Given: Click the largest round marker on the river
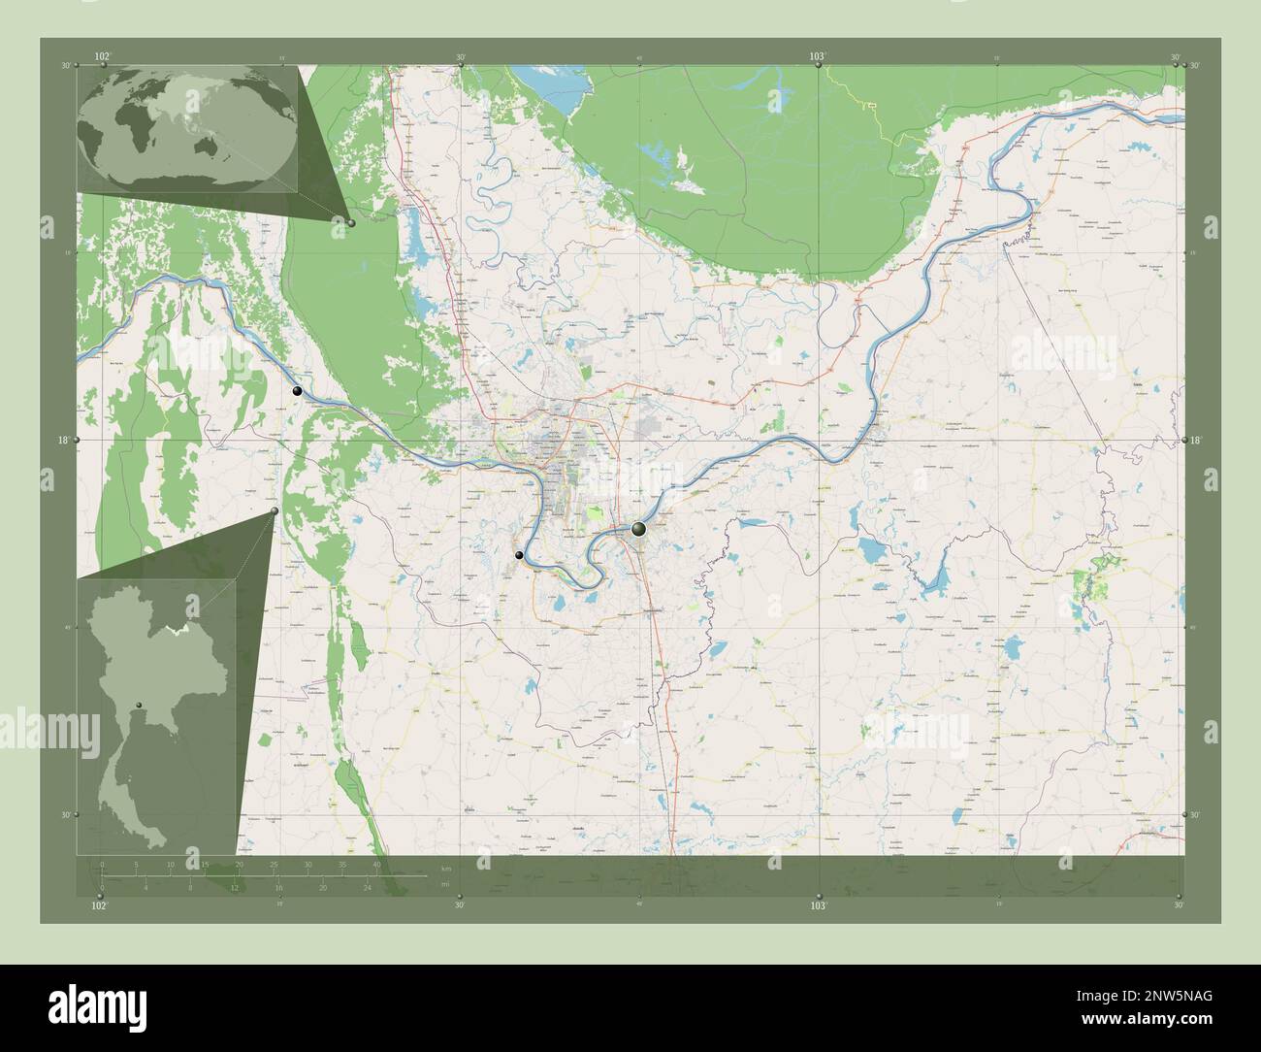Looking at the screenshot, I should point(637,529).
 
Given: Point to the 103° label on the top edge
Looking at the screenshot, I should point(818,57).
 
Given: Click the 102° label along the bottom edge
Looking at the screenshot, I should point(98,905).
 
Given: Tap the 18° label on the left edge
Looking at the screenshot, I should point(63,440).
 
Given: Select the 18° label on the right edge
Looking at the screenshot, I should point(1196,440).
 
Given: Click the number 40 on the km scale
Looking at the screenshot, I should point(376,864).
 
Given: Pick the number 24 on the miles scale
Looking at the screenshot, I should point(366,887).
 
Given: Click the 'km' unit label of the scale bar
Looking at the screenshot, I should point(445,868).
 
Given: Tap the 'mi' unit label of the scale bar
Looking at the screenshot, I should point(445,884).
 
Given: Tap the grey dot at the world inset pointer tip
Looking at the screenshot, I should point(351,223).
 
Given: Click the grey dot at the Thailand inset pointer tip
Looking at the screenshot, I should point(275,510).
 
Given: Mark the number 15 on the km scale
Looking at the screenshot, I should point(205,864).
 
